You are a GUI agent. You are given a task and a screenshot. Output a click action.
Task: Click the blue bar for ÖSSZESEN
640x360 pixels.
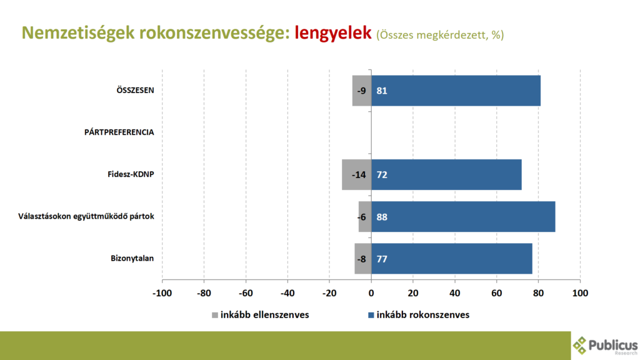coord(456,91)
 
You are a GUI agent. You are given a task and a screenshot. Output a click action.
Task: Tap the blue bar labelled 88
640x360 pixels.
coord(463,216)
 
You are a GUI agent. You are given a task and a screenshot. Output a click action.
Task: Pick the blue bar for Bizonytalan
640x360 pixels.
coord(452,258)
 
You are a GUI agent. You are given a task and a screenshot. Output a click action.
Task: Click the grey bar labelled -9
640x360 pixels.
coord(362,91)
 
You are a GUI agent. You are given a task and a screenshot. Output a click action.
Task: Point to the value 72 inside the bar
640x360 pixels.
coord(382,174)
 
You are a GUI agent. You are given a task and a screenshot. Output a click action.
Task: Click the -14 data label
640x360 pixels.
coord(358,174)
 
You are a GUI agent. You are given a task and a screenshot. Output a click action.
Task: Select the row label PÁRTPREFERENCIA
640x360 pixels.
coord(119,132)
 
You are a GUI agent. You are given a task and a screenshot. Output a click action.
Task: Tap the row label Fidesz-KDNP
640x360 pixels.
coord(131,174)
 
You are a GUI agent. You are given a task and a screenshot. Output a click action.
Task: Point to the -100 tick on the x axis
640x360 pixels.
coord(162,293)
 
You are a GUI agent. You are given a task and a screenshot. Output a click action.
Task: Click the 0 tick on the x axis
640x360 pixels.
coord(371,293)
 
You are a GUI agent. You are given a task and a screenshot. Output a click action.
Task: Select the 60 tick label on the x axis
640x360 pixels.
coord(497,293)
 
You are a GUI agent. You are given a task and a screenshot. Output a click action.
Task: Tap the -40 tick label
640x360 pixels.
coord(287,293)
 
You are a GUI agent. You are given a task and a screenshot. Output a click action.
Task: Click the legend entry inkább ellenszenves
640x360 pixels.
coord(259,314)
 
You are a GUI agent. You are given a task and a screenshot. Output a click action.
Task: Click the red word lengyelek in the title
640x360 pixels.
coord(333,33)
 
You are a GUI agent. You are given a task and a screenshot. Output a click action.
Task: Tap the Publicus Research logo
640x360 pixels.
coord(605,346)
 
